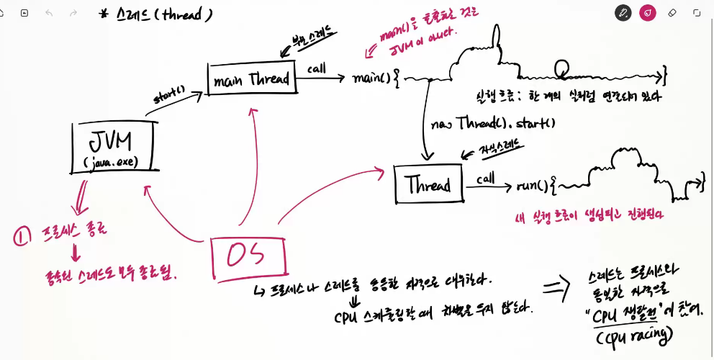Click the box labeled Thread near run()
coord(427,184)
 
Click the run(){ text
coord(536,186)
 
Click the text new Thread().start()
coord(493,123)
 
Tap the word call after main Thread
coord(317,68)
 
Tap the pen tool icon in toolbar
coord(623,13)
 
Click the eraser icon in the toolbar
coord(672,13)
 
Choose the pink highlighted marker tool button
coord(648,13)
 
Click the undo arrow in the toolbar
coord(49,13)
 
